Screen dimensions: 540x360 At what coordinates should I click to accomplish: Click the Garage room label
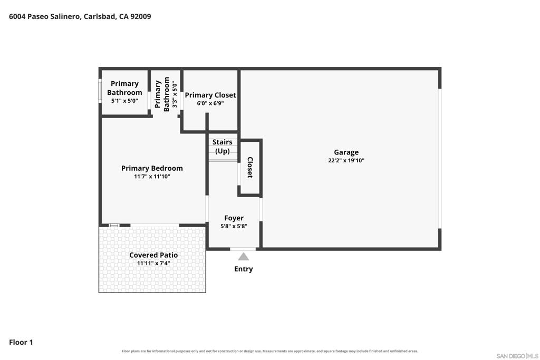coord(346,152)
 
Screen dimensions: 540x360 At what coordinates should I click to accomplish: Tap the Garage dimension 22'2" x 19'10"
coord(346,160)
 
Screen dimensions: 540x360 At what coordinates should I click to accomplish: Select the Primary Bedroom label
coord(152,168)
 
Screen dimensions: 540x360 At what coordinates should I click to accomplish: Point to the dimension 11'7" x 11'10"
coord(152,177)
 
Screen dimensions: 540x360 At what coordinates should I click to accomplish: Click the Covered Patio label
coord(153,255)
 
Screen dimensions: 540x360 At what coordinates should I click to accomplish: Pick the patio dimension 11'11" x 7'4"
coord(153,264)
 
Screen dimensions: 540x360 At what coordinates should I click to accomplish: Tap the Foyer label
coord(234,218)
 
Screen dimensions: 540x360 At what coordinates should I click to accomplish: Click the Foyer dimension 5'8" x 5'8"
coord(234,226)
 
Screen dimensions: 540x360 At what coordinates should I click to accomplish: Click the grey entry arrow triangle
coord(244,256)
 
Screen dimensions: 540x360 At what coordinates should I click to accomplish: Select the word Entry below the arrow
coord(244,269)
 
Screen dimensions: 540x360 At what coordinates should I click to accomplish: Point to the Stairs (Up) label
coord(223,147)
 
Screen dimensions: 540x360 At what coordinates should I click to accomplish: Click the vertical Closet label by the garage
coord(250,167)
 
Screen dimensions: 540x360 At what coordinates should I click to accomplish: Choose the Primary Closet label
coord(210,95)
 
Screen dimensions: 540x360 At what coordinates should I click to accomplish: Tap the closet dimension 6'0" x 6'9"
coord(210,103)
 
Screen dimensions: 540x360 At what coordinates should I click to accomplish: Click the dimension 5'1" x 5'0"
coord(124,101)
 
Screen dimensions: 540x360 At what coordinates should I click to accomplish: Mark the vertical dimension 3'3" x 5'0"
coord(175,95)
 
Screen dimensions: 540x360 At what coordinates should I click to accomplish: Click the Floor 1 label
coord(21,342)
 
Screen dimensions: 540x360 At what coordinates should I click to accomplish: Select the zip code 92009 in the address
coord(140,16)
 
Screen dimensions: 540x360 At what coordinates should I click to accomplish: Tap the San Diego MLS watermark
coord(517,356)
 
